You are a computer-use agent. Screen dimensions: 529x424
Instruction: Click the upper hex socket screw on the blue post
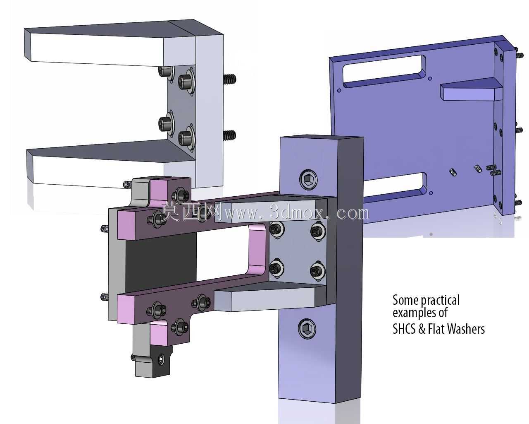pyautogui.click(x=308, y=179)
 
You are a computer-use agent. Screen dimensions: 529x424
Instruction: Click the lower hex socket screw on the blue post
pyautogui.click(x=307, y=328)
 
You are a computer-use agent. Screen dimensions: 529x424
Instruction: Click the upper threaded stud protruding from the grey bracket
pyautogui.click(x=230, y=79)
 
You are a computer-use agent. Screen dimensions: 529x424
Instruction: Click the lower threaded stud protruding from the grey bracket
pyautogui.click(x=230, y=135)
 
